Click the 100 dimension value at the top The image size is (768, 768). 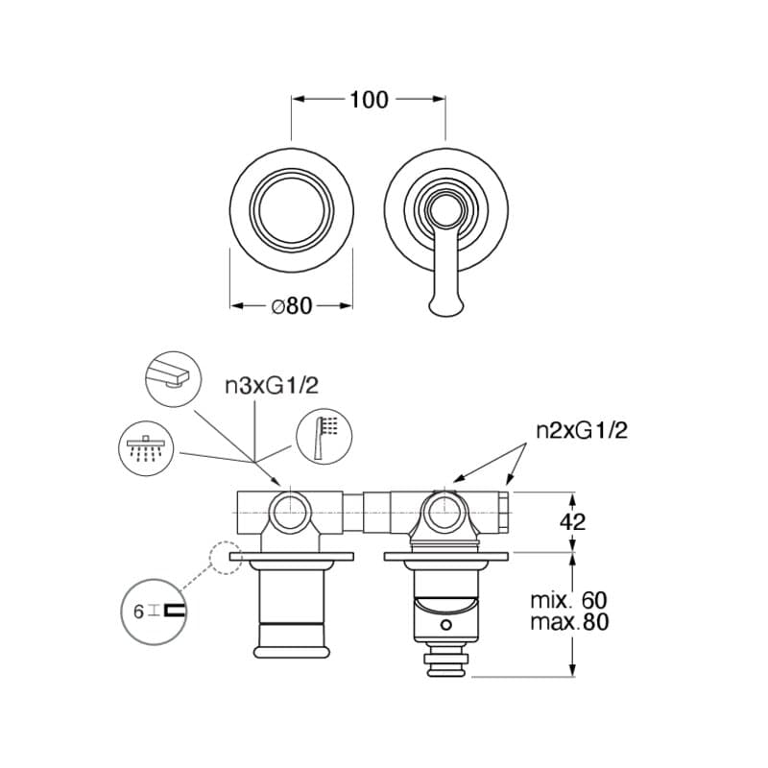point(369,100)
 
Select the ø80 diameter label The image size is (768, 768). point(292,306)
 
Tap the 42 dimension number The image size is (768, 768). point(572,522)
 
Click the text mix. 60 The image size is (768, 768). point(568,600)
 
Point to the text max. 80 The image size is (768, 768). point(569,622)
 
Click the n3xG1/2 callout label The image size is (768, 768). point(272,386)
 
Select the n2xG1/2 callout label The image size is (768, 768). point(582,430)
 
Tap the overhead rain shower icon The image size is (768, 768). point(147,448)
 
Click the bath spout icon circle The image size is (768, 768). point(174,378)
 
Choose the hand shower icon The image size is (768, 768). point(324,437)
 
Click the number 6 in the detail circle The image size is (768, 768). point(138,612)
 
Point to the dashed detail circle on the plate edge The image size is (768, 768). point(226,558)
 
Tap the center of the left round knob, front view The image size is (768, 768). point(292,210)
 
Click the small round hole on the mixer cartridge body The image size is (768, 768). point(445,625)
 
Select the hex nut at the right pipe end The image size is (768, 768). point(505,513)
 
